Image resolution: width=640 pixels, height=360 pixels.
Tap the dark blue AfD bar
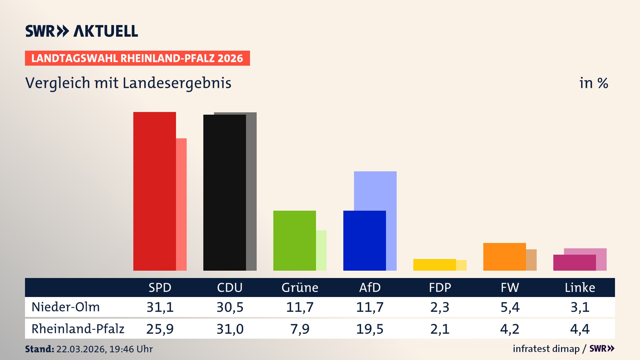pos(364,240)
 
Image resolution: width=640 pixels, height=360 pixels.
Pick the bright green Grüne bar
pos(294,240)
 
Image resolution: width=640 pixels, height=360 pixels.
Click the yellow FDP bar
pos(434,265)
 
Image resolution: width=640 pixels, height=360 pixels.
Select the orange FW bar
pos(504,257)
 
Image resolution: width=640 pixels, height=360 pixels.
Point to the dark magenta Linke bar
pos(574,263)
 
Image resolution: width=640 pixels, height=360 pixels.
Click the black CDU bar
pos(224,192)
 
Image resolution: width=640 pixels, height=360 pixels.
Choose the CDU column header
pos(230,288)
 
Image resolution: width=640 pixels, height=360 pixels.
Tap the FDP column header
pos(440,288)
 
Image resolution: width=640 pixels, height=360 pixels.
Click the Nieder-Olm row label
pos(66,307)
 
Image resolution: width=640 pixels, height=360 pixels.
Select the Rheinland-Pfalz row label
pos(78,329)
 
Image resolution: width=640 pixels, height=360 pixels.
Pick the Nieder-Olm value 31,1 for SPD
pos(160,307)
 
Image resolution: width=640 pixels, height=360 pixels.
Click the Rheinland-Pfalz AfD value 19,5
pos(370,329)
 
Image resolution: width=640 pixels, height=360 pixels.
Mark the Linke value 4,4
pos(580,329)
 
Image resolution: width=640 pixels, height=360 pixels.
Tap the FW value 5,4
pos(510,307)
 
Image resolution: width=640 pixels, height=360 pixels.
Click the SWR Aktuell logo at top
pos(82,31)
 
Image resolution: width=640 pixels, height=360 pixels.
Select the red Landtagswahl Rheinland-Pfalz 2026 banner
pos(137,58)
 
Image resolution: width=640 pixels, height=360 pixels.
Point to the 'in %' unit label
pos(593,83)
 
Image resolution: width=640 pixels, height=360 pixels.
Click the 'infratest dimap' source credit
pos(546,349)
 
